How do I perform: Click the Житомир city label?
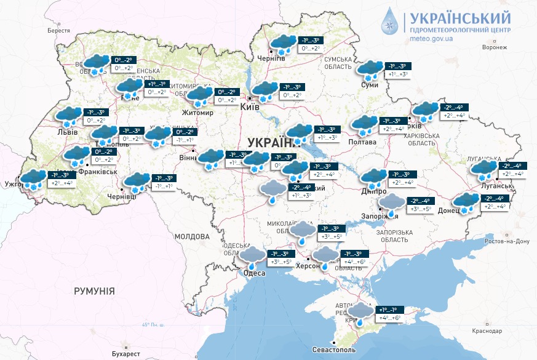[x=197, y=113]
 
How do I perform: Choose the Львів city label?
[x=66, y=132]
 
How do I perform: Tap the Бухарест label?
[x=127, y=354]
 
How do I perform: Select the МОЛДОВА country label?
[x=191, y=236]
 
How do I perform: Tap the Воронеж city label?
[x=495, y=47]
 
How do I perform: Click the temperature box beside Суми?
[x=397, y=70]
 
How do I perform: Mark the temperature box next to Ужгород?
[x=60, y=179]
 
